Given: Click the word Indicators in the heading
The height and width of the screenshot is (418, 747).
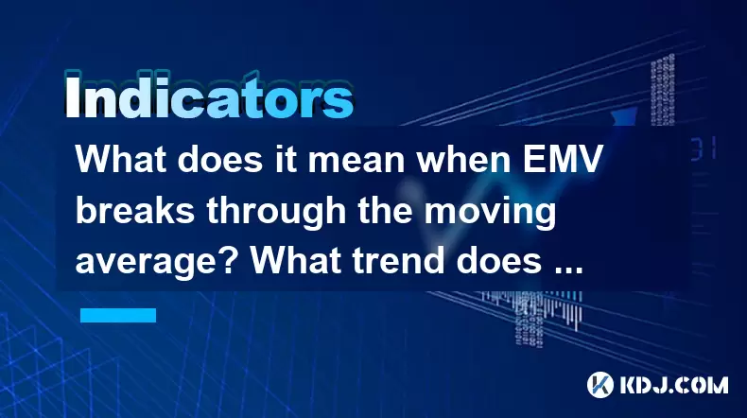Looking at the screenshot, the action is tap(208, 96).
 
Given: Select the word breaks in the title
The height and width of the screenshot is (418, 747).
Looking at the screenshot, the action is tap(135, 210).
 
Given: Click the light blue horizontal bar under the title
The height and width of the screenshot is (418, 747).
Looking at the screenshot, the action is tap(118, 315).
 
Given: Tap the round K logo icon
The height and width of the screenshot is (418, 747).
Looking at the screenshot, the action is tap(600, 385).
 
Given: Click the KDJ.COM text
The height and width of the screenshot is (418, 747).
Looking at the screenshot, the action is tap(673, 385).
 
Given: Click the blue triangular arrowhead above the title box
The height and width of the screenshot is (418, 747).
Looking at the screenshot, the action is tap(625, 116).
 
